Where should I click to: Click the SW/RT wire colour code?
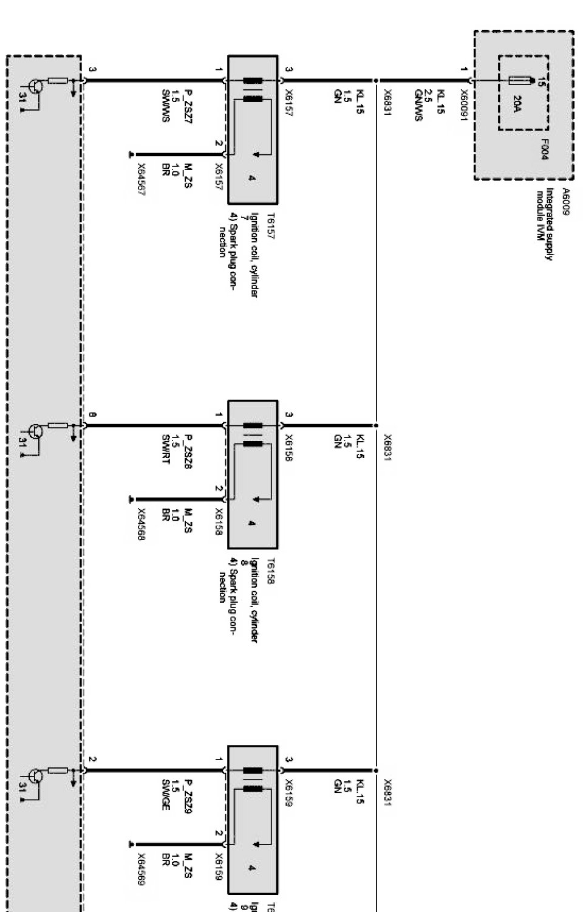click(x=165, y=449)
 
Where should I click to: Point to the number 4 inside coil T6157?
click(x=251, y=178)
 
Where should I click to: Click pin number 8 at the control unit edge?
click(x=92, y=415)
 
